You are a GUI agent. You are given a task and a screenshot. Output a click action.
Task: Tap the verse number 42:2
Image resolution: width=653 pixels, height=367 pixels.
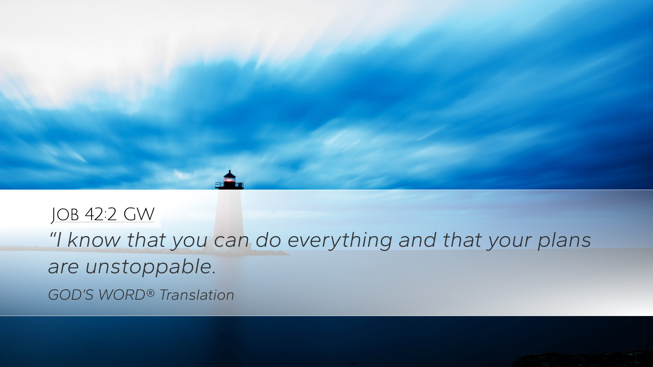(101, 214)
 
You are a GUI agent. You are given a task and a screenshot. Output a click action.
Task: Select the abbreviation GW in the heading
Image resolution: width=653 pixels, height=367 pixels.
(139, 214)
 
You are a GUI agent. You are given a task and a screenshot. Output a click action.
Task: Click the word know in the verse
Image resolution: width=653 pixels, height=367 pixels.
(94, 240)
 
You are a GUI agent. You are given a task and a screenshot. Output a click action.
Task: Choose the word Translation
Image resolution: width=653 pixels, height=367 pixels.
(197, 295)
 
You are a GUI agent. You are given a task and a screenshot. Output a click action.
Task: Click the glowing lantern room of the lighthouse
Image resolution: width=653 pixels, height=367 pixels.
(230, 179)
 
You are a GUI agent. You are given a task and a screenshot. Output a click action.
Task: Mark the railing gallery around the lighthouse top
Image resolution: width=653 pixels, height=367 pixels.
(229, 185)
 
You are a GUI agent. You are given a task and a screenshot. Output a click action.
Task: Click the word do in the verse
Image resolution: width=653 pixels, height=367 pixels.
(268, 240)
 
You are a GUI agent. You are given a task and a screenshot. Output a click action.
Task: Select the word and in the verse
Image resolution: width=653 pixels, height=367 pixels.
(417, 240)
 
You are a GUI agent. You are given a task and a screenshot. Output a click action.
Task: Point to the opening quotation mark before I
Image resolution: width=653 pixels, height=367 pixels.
(52, 234)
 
